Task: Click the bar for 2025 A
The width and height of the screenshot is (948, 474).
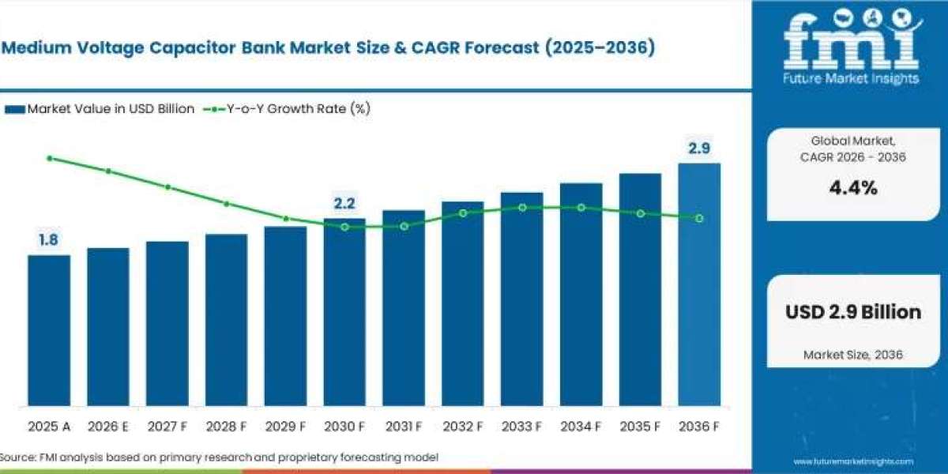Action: (49, 330)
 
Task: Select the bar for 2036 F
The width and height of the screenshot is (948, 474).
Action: (699, 285)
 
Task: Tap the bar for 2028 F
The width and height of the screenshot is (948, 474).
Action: (227, 320)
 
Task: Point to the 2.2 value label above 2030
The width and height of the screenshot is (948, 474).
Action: (344, 204)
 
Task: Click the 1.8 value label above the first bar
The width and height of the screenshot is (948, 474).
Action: (48, 240)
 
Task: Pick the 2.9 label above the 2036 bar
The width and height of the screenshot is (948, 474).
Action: (699, 149)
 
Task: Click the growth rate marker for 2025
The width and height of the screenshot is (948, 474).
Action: (50, 158)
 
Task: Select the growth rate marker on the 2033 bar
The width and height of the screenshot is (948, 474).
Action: (522, 207)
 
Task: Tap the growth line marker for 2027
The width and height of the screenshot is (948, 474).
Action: (167, 187)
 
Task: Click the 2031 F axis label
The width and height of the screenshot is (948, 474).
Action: (404, 426)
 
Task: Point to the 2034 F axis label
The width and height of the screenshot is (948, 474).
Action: (581, 426)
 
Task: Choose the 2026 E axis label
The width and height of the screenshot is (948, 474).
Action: (108, 426)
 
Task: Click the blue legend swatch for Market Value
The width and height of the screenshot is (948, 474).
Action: (15, 110)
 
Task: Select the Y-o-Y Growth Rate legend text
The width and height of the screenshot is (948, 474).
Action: (299, 109)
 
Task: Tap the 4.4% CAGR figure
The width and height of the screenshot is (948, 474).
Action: (853, 188)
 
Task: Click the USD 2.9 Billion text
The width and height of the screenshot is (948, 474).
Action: (853, 312)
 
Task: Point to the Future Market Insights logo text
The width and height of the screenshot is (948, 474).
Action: (851, 78)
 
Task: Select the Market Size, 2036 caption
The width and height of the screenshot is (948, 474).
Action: (853, 354)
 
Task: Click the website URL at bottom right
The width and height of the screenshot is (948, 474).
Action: (853, 461)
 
